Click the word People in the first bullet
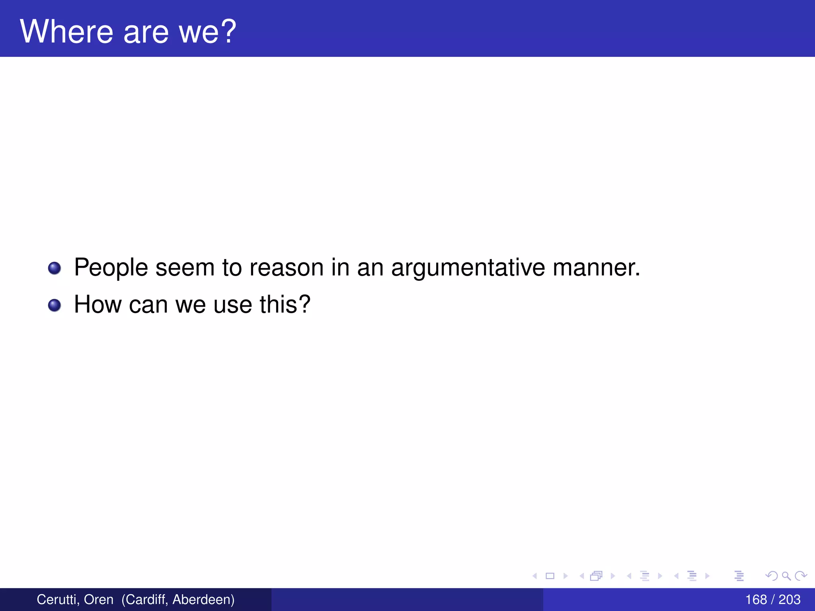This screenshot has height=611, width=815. click(x=111, y=268)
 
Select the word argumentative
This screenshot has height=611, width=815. click(x=468, y=268)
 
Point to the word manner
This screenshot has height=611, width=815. click(x=596, y=268)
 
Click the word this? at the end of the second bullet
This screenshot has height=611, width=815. click(x=285, y=305)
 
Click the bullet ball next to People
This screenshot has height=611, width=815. click(x=55, y=268)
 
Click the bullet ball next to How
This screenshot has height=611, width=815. click(x=55, y=305)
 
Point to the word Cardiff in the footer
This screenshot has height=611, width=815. click(x=145, y=599)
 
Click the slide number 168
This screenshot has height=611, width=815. click(x=756, y=599)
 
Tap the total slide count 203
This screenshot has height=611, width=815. click(x=790, y=599)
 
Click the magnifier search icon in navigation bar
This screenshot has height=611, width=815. click(x=786, y=576)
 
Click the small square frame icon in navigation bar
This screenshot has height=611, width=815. click(x=550, y=576)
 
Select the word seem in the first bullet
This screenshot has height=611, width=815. click(x=185, y=268)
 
